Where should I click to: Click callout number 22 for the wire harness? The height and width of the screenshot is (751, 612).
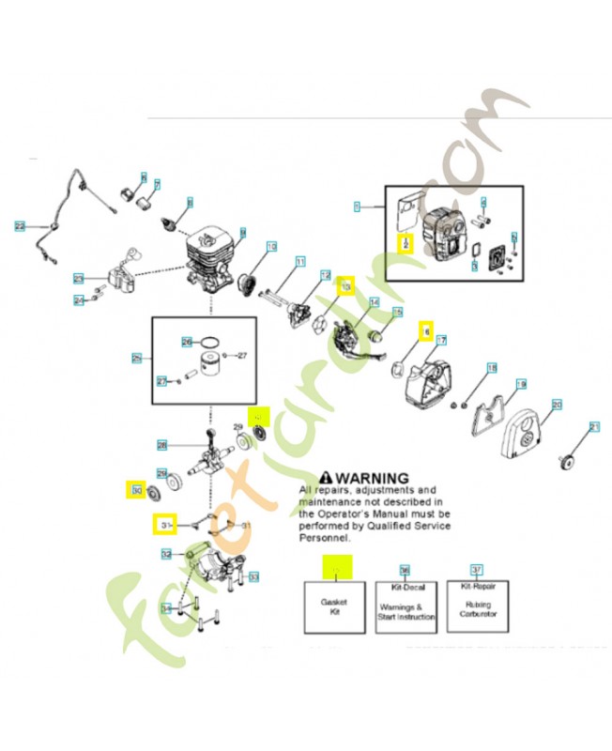point(19,226)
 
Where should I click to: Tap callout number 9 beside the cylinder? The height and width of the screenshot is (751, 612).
point(242,232)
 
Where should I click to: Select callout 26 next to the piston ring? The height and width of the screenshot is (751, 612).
point(187,342)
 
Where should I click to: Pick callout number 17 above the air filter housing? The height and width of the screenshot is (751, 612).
point(440,340)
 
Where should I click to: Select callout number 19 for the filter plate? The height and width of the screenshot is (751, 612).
point(522,384)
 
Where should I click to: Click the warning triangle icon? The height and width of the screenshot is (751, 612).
point(327,478)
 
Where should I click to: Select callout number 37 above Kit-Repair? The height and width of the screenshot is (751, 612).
point(477,570)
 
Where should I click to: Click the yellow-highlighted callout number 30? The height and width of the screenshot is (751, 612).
point(137,489)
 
